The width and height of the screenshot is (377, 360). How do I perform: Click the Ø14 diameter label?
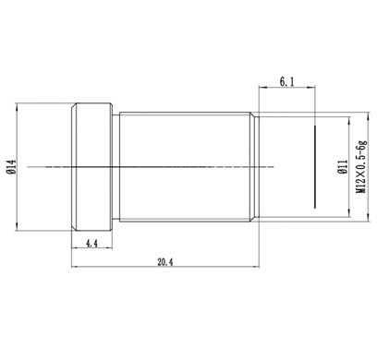[11, 167]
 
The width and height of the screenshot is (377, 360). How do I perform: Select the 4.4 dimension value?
[91, 244]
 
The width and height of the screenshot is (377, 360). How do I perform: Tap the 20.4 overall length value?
[165, 262]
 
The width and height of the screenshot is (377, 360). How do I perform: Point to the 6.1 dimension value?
[286, 82]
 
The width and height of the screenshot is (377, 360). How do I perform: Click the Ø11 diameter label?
[343, 167]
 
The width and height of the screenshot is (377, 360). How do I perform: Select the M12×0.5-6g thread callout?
[361, 167]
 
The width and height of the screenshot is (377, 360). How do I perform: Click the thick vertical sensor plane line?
[315, 167]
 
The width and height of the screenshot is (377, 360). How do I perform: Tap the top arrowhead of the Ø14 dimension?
[18, 106]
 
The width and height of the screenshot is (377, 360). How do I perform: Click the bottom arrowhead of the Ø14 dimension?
[18, 227]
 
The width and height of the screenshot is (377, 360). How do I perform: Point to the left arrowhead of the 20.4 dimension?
[75, 267]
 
